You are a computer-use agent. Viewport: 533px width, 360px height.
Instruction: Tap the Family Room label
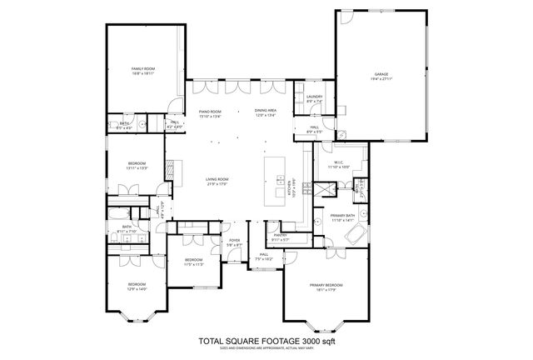(x=144, y=70)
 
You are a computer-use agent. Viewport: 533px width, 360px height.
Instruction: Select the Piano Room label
(x=209, y=112)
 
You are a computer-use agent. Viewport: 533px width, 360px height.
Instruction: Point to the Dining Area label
(x=265, y=112)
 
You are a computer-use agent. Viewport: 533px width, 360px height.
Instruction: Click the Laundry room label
(x=314, y=99)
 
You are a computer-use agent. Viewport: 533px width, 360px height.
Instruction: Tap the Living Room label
(x=217, y=181)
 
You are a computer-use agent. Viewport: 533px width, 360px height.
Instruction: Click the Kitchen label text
(x=293, y=185)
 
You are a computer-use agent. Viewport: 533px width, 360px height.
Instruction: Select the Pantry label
(x=279, y=237)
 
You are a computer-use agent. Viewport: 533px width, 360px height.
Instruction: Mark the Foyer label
(x=235, y=242)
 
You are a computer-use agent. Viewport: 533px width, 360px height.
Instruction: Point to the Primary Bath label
(x=343, y=218)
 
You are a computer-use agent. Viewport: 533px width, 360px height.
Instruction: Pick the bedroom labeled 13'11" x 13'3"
(x=137, y=165)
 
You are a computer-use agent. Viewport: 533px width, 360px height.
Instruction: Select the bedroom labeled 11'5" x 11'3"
(x=193, y=262)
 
